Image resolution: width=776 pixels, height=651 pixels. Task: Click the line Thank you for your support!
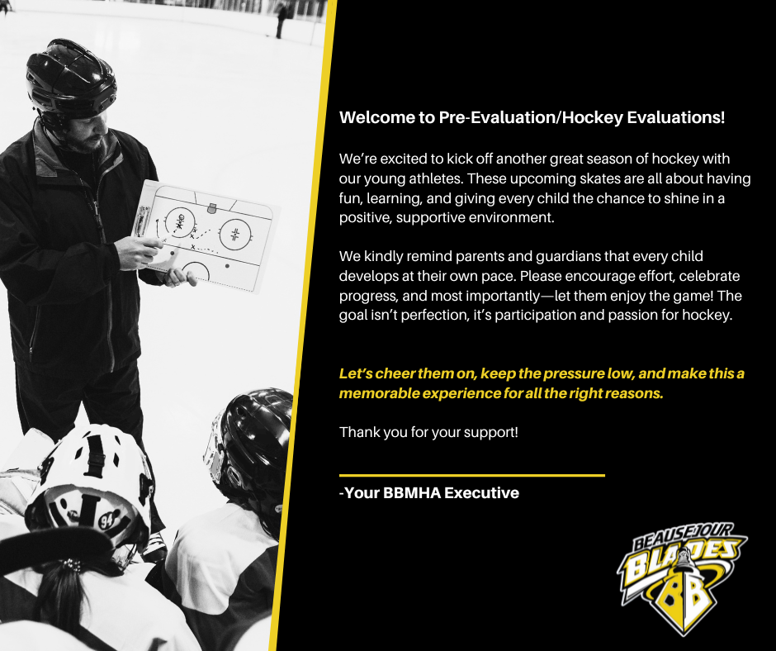tap(428, 433)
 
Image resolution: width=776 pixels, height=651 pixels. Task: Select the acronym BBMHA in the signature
tap(411, 493)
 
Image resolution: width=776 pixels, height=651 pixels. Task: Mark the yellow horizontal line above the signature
tap(472, 476)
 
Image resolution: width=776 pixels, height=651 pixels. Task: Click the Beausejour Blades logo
tap(682, 578)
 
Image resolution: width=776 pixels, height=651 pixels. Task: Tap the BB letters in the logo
tap(683, 594)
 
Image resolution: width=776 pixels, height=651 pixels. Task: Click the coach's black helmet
tap(71, 79)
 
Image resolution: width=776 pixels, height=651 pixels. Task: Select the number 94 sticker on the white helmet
tap(106, 520)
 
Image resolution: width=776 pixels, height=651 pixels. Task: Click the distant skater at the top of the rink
tap(282, 19)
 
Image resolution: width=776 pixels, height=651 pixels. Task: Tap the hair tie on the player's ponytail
tap(71, 565)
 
